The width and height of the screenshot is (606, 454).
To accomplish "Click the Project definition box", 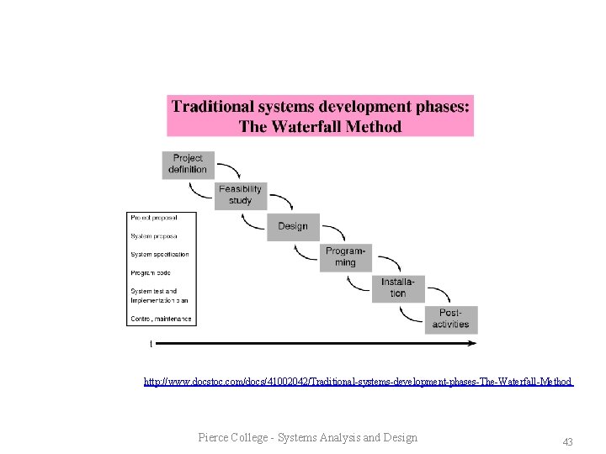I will tap(188, 164).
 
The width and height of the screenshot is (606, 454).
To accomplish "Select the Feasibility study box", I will tap(240, 195).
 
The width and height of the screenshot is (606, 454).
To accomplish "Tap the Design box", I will tap(293, 226).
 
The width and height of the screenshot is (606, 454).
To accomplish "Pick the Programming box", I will tap(345, 257).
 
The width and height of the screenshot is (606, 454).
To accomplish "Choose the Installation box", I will tap(398, 288).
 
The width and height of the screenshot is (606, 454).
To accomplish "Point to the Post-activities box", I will tap(451, 319).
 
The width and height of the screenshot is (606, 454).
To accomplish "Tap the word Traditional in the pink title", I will tap(212, 107).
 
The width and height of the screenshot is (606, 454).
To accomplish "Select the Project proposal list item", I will tap(154, 218).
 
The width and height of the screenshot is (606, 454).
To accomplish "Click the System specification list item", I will tap(160, 254).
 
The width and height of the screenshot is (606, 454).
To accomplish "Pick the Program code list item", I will tap(151, 272).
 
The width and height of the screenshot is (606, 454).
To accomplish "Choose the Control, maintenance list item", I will tap(161, 319).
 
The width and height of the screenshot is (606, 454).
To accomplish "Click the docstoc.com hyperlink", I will tap(358, 382).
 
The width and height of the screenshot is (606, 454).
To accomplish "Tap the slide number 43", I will tap(567, 441).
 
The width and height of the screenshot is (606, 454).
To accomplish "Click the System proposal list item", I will tap(154, 236).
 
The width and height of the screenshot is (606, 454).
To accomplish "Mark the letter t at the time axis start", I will tap(151, 343).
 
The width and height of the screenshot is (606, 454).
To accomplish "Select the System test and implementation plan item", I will tap(159, 295).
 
